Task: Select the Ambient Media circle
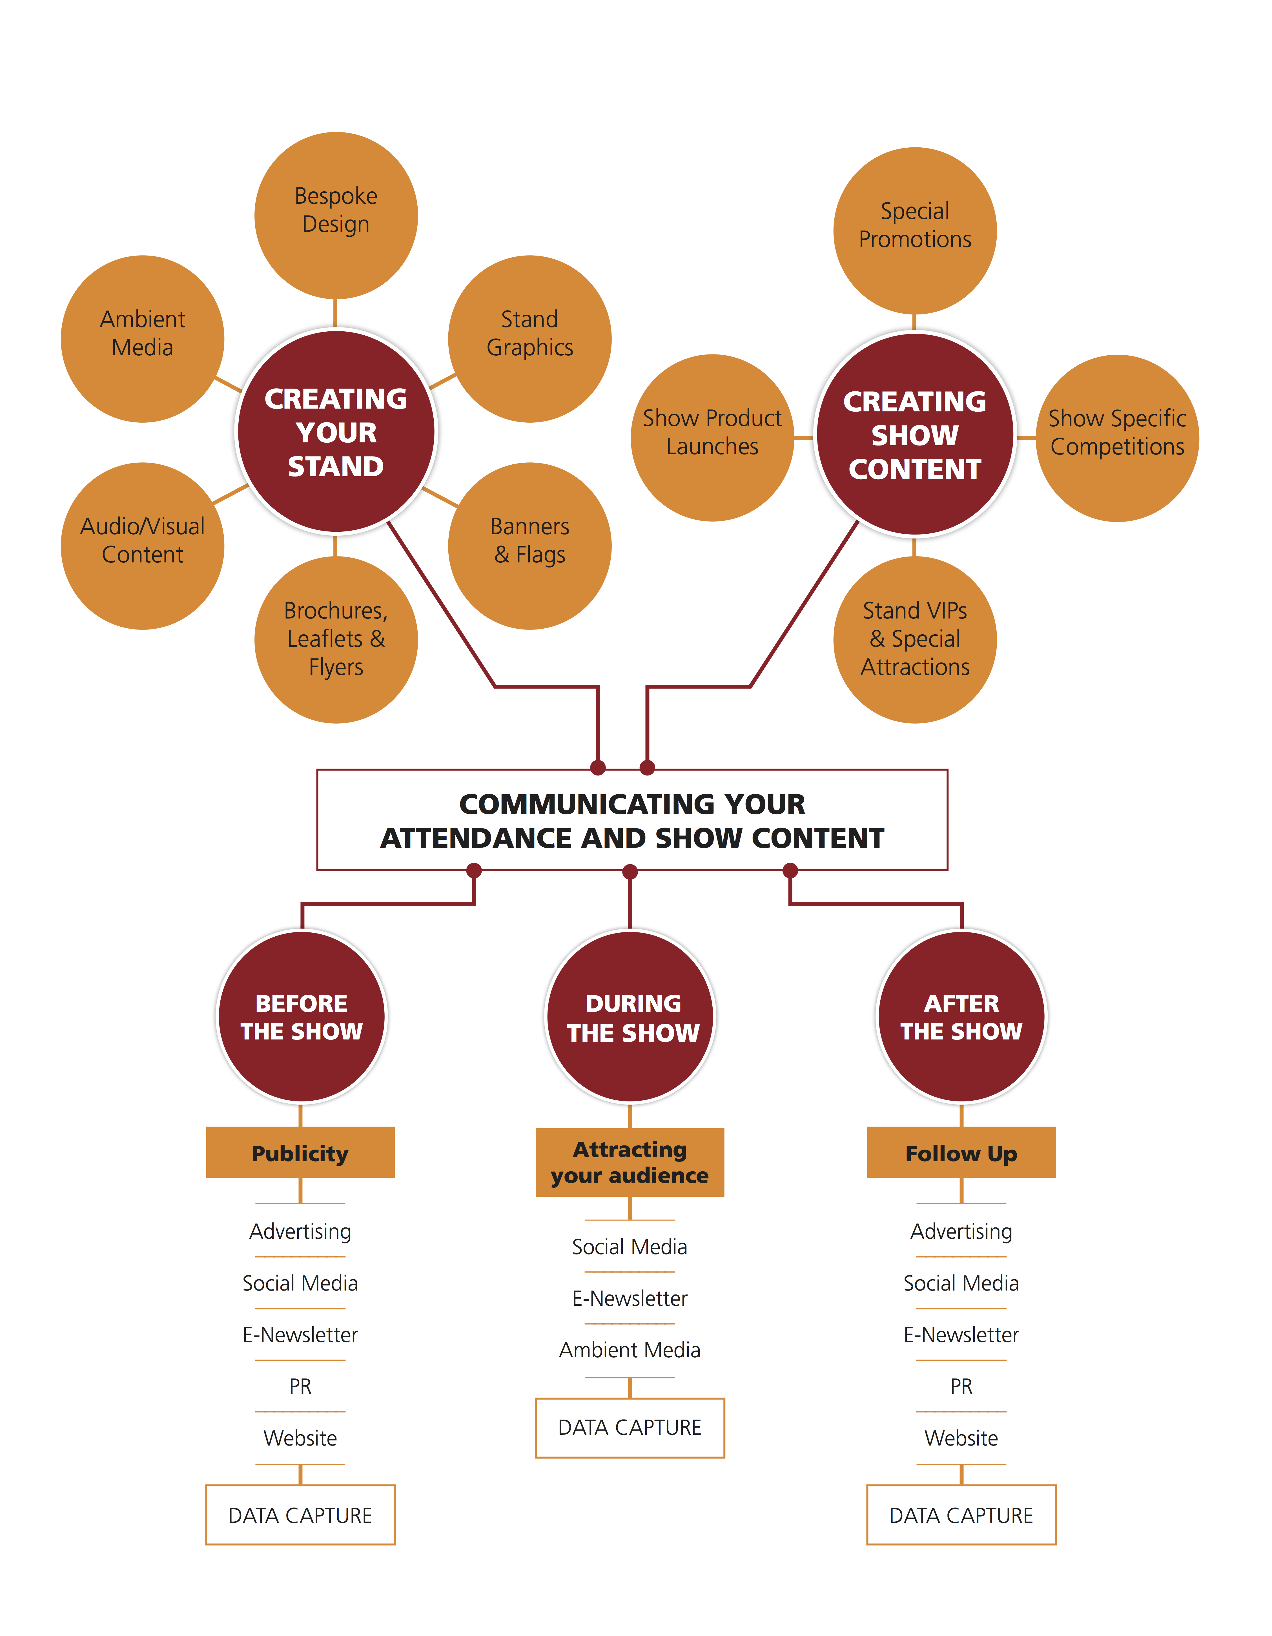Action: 142,339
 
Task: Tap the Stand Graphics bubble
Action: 530,339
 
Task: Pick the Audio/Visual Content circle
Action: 142,546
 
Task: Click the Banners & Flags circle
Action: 530,546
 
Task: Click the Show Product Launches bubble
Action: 712,438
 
